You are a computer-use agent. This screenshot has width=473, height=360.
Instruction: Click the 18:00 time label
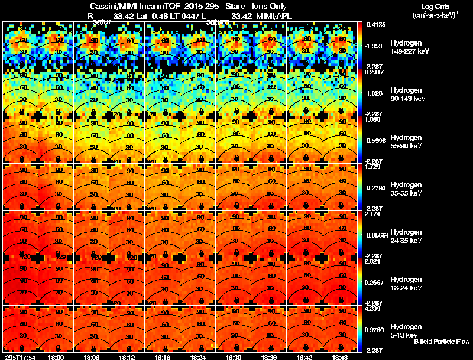[x=57, y=357]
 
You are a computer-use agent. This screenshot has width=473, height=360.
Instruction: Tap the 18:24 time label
[x=199, y=357]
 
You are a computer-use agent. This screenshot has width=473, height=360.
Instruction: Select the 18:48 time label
[x=341, y=357]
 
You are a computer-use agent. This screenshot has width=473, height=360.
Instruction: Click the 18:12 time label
[x=128, y=357]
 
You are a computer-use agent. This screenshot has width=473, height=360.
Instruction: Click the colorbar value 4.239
[x=373, y=309]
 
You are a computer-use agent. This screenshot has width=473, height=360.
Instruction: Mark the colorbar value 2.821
[x=373, y=261]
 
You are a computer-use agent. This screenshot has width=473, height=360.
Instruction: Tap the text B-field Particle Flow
[x=441, y=342]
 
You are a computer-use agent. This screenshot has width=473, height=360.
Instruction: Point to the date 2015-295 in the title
[x=202, y=7]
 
